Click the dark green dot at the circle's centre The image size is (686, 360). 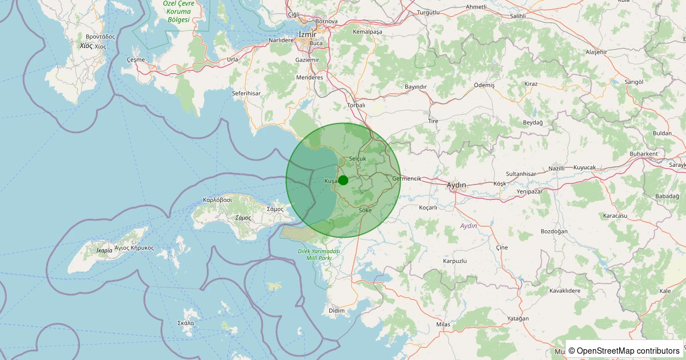click(x=343, y=180)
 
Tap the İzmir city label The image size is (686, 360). click(x=307, y=34)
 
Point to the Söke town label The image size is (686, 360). click(x=365, y=210)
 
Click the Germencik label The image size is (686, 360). click(x=407, y=178)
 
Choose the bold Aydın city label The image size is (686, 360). click(x=456, y=185)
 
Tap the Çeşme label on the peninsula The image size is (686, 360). click(x=135, y=59)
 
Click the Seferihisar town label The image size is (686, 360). click(x=246, y=93)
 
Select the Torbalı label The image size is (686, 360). click(x=356, y=105)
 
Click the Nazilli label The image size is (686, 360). click(x=556, y=169)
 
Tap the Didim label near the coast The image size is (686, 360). click(x=337, y=310)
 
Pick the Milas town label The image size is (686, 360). click(x=443, y=324)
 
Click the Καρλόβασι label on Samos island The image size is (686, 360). click(x=217, y=200)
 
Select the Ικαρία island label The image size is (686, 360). click(x=105, y=250)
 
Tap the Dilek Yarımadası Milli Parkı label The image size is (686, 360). click(x=319, y=255)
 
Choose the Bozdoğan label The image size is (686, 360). click(x=554, y=231)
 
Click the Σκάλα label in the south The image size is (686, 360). click(x=186, y=323)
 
